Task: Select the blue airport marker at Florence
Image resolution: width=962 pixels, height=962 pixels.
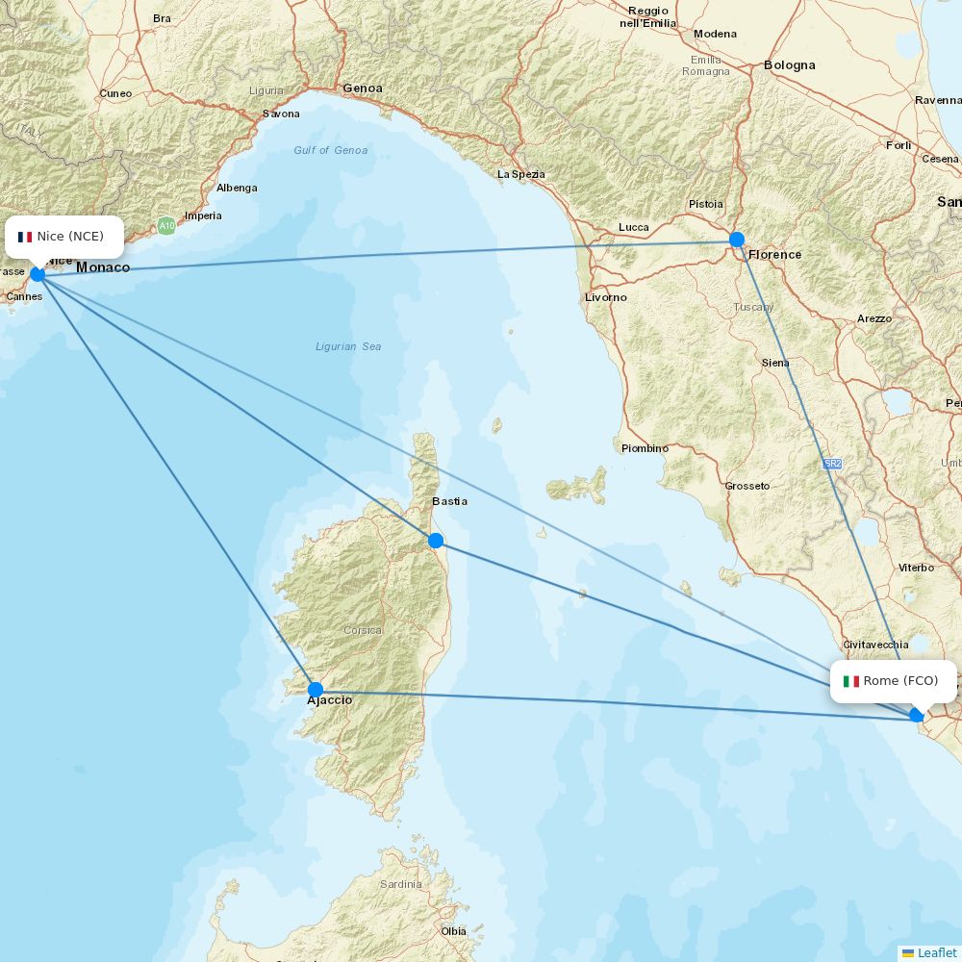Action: click(x=737, y=240)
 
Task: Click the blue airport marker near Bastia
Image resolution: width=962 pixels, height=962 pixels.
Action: click(x=436, y=541)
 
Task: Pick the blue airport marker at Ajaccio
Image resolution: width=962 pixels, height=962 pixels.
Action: click(x=316, y=689)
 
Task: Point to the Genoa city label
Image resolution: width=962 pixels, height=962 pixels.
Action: click(x=363, y=89)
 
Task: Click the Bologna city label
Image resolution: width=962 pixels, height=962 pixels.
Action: click(x=789, y=65)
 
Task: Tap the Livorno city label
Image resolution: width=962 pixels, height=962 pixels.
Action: click(x=606, y=297)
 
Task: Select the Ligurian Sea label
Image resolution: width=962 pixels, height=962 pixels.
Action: click(x=348, y=346)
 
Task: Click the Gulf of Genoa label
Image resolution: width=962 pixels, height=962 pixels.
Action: click(x=331, y=150)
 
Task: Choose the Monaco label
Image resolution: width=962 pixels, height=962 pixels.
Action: click(x=103, y=267)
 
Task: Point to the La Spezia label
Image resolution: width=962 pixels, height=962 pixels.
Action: click(x=520, y=174)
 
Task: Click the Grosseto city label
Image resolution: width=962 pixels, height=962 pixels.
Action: click(x=747, y=486)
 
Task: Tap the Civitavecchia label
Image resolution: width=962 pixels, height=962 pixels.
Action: click(x=875, y=645)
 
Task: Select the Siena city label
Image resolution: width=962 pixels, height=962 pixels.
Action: click(x=775, y=363)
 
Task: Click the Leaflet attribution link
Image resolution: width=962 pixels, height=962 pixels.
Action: click(x=936, y=952)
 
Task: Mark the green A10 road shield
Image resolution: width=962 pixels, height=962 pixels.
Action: click(x=167, y=226)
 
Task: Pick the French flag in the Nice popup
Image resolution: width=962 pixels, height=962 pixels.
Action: click(x=25, y=237)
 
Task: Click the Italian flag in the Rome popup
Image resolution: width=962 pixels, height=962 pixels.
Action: click(x=851, y=681)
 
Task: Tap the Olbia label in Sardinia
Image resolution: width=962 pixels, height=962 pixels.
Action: click(x=453, y=931)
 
